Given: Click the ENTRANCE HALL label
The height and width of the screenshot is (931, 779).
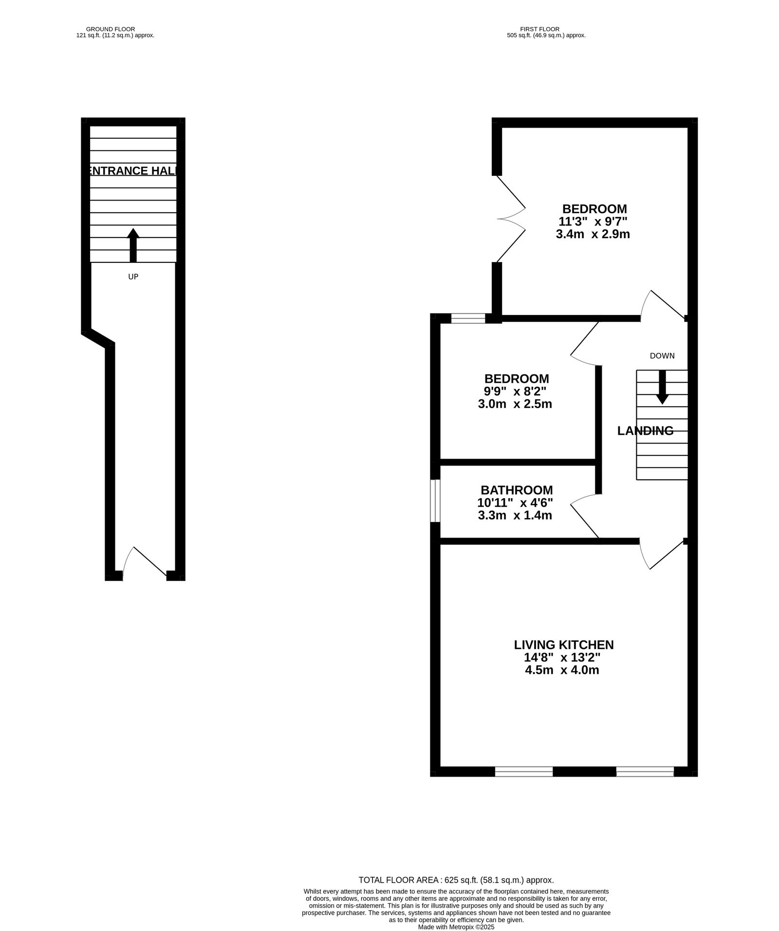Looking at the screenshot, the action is coord(133,171).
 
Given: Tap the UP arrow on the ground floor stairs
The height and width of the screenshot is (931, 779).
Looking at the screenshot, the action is coord(133,245).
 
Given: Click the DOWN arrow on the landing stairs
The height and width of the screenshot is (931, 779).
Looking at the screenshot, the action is coord(662,387).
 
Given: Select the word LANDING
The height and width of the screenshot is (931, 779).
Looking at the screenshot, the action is coord(646,431).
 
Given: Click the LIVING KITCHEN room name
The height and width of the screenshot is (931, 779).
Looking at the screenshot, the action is coord(564,645).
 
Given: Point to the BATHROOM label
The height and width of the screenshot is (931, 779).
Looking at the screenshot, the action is coord(517,490).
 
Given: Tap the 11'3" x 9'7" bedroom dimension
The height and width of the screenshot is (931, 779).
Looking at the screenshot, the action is coord(593,222).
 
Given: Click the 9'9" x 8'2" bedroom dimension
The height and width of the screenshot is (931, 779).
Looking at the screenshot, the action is coord(516,391).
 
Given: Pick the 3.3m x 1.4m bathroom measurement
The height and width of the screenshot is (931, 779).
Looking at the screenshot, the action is coord(515,515).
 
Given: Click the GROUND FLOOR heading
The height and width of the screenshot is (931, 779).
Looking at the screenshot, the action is coord(111,29).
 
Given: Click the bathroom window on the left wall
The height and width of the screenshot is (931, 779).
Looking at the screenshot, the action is coord(436,501).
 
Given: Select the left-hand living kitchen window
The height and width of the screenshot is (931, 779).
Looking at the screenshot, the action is coord(524,771).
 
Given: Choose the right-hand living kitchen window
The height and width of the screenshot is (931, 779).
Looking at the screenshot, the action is coord(645,771).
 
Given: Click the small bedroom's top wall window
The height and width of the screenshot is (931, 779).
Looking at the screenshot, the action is coord(468,319).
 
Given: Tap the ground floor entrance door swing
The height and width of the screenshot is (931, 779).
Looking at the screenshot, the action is coord(145,563).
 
